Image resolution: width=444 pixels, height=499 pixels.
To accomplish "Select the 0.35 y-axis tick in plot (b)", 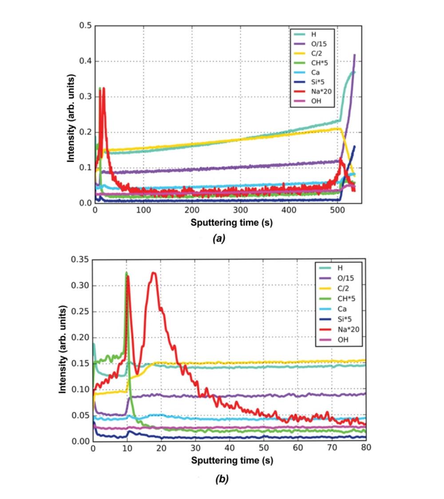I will coord(81,259).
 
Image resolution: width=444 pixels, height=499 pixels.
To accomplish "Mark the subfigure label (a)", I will coord(219,239).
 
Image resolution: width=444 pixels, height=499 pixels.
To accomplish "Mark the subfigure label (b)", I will coord(222,479).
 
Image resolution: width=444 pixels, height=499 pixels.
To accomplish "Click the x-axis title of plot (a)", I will coord(231,223).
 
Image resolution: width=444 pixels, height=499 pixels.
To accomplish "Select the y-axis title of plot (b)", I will coord(63,350).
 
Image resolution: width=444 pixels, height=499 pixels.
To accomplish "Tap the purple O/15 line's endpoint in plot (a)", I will coord(354,55).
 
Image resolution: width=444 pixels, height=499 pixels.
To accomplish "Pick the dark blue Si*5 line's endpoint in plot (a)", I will coord(354,146).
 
